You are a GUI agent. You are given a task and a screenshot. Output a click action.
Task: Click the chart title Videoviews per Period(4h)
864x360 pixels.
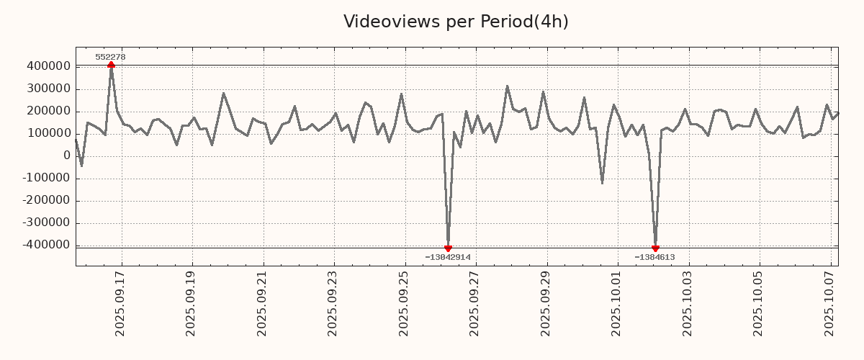tap(456, 22)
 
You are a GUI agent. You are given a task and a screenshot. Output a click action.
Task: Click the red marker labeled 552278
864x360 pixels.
tap(111, 65)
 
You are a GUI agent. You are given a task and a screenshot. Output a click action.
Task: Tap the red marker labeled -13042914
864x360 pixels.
tap(448, 248)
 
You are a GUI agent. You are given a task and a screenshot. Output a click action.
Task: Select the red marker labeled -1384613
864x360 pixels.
tap(655, 248)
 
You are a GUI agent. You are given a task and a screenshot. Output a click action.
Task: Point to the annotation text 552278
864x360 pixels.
tap(110, 57)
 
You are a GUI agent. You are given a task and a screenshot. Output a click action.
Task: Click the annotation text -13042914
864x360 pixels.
tap(448, 257)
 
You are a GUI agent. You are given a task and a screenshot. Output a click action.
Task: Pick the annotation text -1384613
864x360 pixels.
tap(654, 257)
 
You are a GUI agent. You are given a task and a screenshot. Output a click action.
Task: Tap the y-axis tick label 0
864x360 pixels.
tap(67, 156)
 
